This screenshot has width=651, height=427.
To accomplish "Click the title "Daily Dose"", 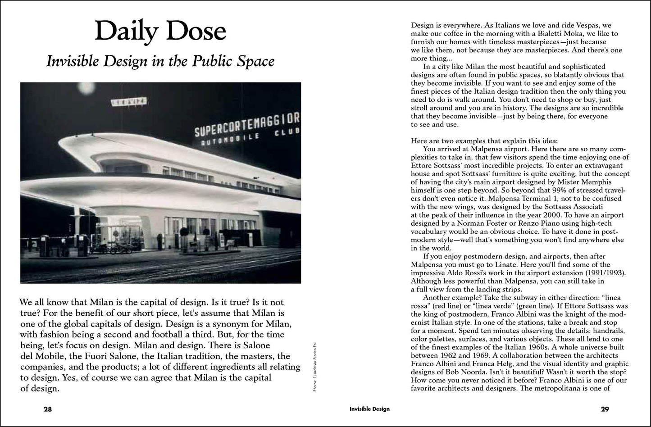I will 160,32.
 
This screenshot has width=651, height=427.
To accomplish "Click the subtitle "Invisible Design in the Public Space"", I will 160,61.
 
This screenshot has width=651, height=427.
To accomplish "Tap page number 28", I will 48,409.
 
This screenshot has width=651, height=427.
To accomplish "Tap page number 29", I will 605,409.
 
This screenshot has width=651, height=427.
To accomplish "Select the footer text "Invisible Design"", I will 369,409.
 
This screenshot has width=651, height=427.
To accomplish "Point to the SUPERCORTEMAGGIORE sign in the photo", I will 247,124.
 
